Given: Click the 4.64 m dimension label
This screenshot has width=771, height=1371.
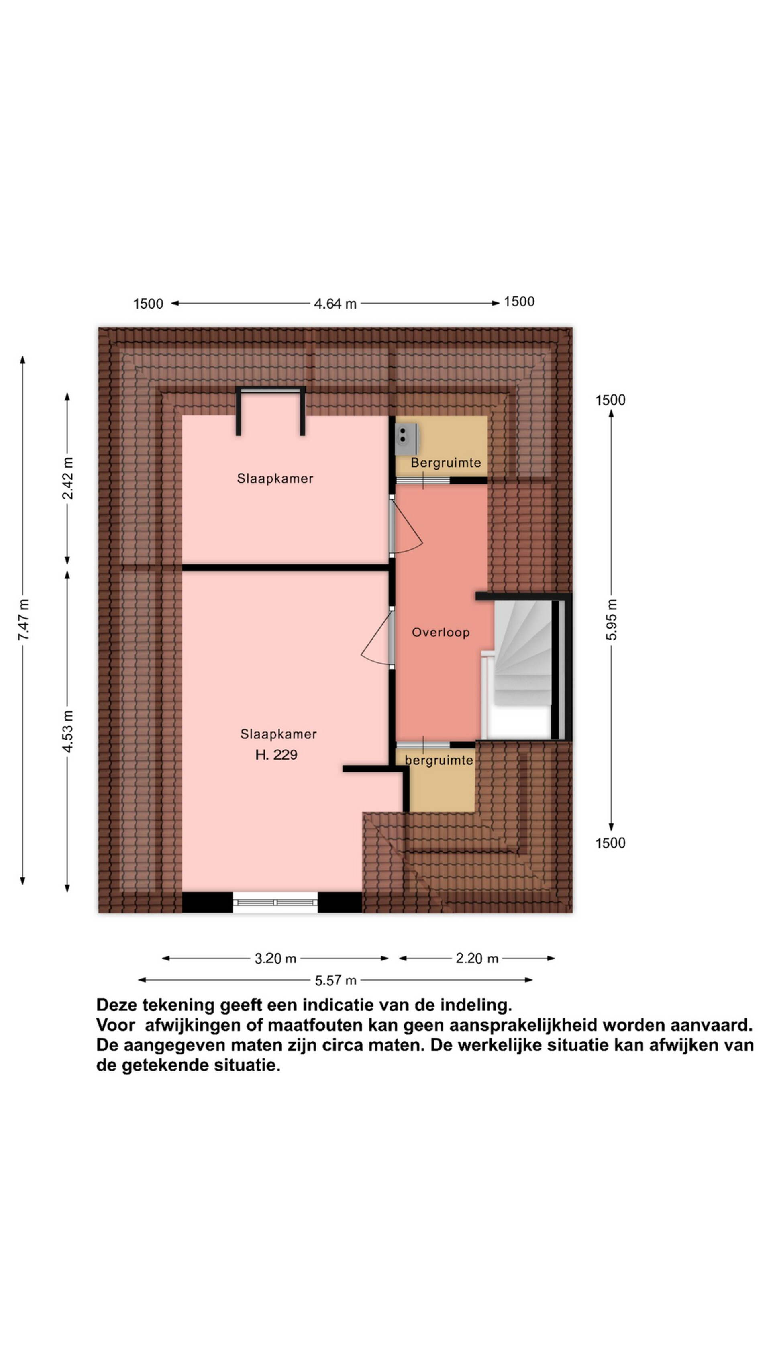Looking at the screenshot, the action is pyautogui.click(x=335, y=304).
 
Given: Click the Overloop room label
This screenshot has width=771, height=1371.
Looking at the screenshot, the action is pyautogui.click(x=441, y=632).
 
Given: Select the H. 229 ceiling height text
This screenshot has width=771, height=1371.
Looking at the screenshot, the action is pyautogui.click(x=276, y=755).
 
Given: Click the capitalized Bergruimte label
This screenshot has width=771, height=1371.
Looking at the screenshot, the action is pyautogui.click(x=446, y=462).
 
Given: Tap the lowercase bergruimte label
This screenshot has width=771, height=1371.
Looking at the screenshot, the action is pyautogui.click(x=439, y=760).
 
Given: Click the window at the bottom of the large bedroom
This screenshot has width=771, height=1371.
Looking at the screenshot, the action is pyautogui.click(x=275, y=902).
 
